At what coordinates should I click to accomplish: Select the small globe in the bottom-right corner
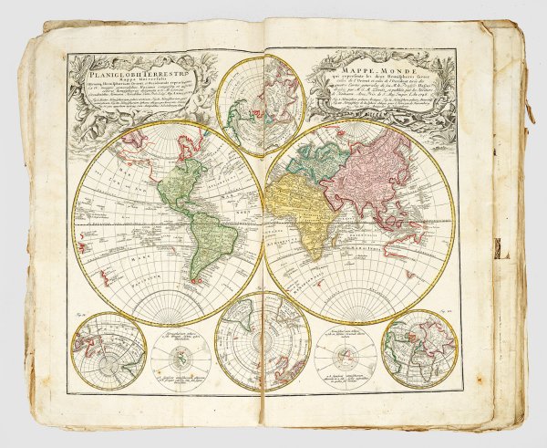419,349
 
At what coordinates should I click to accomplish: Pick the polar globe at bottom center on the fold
263,339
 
